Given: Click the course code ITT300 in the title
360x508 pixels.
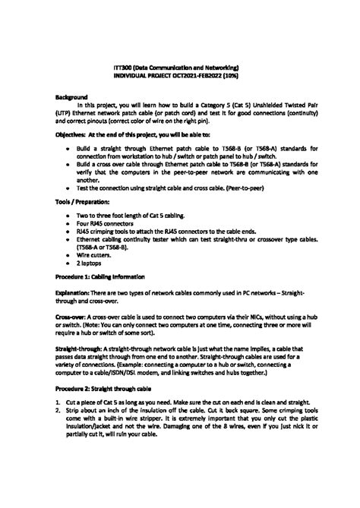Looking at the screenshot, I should click(x=122, y=68).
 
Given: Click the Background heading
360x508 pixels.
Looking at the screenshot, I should click(x=73, y=97).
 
